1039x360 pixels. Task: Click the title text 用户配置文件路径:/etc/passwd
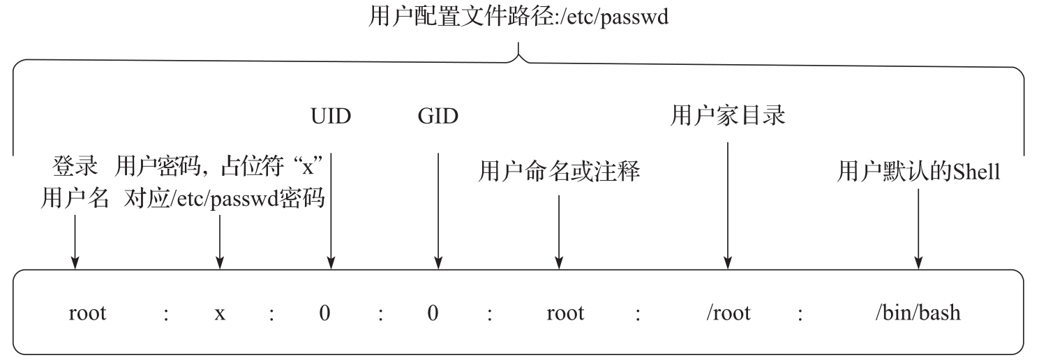[x=518, y=17]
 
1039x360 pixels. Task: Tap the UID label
[x=331, y=117]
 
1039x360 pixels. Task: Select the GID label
[x=438, y=117]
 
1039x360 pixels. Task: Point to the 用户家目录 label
[x=728, y=116]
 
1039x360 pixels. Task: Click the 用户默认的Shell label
[x=918, y=172]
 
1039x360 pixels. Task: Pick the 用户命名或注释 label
[x=559, y=172]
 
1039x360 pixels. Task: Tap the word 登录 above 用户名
[x=75, y=167]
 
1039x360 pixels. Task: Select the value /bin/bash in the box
[x=918, y=312]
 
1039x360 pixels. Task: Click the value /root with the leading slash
[x=728, y=312]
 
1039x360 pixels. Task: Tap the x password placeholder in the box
[x=220, y=313]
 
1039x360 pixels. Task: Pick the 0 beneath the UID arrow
[x=324, y=313]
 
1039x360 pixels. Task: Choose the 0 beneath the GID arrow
[x=433, y=313]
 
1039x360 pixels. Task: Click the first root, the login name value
[x=88, y=313]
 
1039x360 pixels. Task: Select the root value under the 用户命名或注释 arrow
[x=565, y=313]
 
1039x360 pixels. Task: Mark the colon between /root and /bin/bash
[x=800, y=313]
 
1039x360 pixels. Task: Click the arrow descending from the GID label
[x=438, y=209]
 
